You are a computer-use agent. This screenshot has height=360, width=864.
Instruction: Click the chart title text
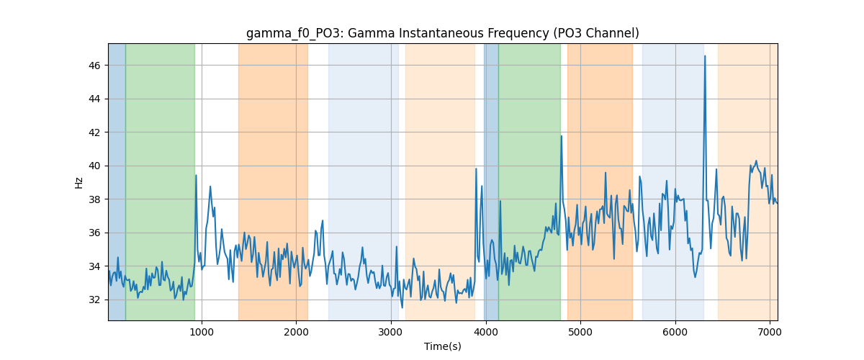(x=442, y=33)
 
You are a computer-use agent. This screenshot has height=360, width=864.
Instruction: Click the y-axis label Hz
(x=78, y=183)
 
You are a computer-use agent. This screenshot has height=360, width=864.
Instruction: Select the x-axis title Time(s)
(x=442, y=346)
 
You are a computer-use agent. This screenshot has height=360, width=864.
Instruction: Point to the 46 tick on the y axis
(x=94, y=66)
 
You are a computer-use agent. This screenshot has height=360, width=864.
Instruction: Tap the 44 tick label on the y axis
(x=94, y=99)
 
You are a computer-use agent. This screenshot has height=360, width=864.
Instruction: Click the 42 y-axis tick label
(x=94, y=132)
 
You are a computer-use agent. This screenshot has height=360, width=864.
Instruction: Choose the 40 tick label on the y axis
(x=94, y=166)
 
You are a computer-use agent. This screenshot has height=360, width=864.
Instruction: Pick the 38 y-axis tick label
(x=94, y=199)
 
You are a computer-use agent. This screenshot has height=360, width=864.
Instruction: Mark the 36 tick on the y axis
(x=94, y=233)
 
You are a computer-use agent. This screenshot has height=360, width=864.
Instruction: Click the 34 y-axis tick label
(x=94, y=266)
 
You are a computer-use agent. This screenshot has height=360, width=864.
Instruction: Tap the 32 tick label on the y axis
(x=94, y=300)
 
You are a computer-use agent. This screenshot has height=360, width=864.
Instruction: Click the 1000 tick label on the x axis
(x=202, y=332)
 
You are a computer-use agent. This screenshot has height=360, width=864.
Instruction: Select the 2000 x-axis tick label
(x=296, y=332)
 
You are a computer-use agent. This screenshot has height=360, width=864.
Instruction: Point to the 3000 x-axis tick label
(x=391, y=332)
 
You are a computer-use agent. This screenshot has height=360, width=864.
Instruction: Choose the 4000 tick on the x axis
(x=485, y=332)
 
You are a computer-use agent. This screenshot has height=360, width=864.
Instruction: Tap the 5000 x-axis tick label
(x=580, y=332)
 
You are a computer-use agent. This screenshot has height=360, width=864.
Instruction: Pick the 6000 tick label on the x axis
(x=675, y=332)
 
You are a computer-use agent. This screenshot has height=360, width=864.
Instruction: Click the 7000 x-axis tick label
(x=770, y=332)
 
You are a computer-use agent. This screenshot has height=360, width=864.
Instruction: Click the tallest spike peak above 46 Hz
(x=705, y=56)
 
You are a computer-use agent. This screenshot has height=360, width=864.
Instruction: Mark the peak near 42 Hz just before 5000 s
(x=562, y=136)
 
